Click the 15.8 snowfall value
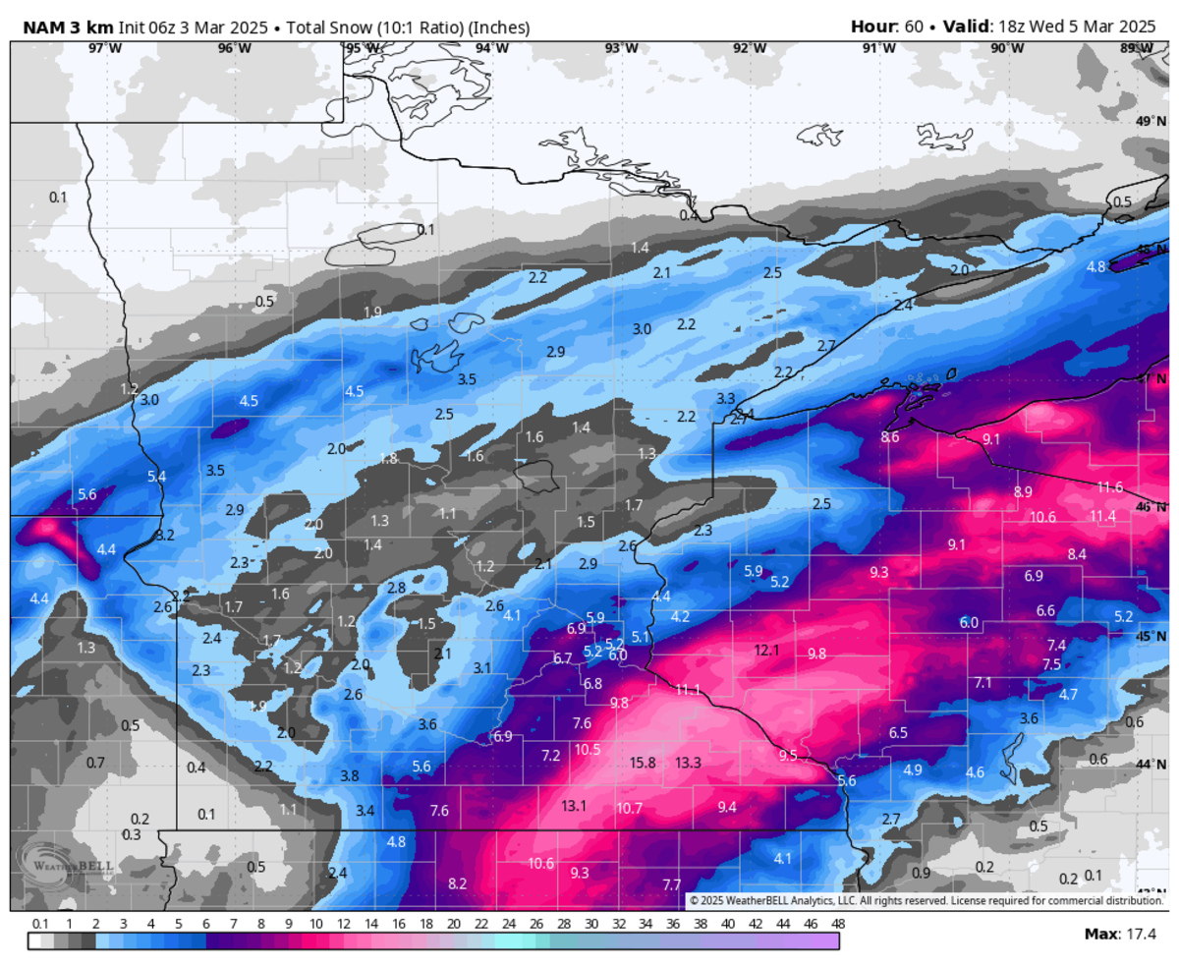click(643, 763)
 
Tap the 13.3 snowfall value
click(689, 763)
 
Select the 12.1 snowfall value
click(766, 651)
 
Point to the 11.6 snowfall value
click(1110, 487)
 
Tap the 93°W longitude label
click(621, 48)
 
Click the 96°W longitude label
click(234, 48)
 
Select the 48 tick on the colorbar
click(838, 924)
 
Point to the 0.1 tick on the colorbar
click(40, 924)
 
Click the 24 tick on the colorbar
click(508, 924)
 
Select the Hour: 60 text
click(887, 27)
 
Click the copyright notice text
click(925, 900)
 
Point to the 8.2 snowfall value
click(457, 883)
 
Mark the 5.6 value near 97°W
click(86, 495)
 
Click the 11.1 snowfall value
click(688, 690)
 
